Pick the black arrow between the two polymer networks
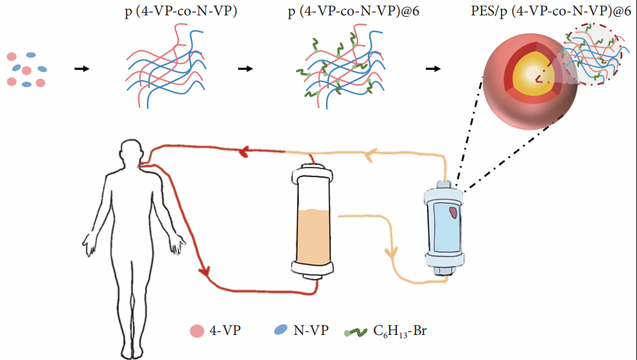tap(245, 69)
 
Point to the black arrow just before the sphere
tap(433, 69)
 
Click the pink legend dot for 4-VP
tap(196, 331)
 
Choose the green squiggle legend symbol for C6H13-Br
tap(357, 332)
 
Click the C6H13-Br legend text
tap(399, 331)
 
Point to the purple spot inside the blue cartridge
tap(453, 212)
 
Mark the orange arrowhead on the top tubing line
tap(369, 155)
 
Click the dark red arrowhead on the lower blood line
tap(205, 271)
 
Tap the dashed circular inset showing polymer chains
tap(592, 58)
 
